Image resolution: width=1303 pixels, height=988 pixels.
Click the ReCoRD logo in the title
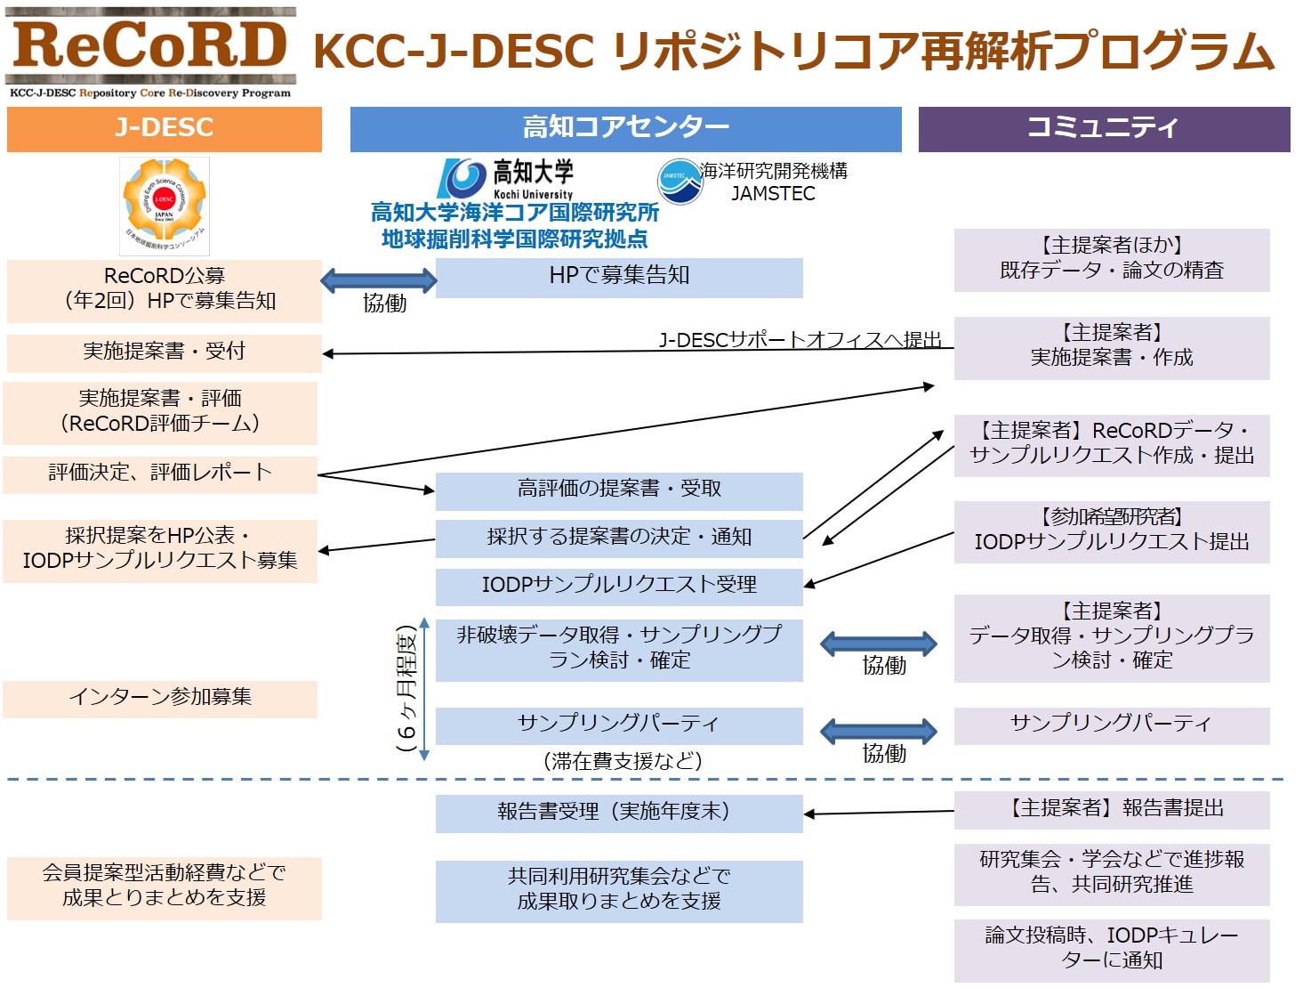point(150,52)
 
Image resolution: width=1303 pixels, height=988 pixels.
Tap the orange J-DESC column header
point(165,129)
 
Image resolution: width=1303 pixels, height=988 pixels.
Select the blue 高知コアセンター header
point(625,129)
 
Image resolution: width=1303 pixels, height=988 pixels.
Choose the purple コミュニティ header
point(1104,129)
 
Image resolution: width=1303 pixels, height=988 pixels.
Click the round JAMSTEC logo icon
point(680,181)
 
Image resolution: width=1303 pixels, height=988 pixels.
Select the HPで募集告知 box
point(619,277)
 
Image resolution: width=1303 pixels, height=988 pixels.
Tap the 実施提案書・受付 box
point(165,352)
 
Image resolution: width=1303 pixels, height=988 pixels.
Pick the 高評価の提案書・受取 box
point(619,490)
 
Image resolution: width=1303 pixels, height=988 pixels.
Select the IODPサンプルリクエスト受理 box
point(619,586)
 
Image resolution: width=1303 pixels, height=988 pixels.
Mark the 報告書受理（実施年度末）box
point(619,813)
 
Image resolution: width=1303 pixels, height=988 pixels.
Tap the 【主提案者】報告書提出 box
point(1112,809)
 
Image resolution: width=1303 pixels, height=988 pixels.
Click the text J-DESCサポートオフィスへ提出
point(800,340)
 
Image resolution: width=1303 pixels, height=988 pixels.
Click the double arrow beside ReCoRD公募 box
point(379,280)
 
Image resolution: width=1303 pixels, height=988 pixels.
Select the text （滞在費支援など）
point(623,762)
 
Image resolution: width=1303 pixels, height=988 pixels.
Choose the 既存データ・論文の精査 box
point(1112,259)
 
